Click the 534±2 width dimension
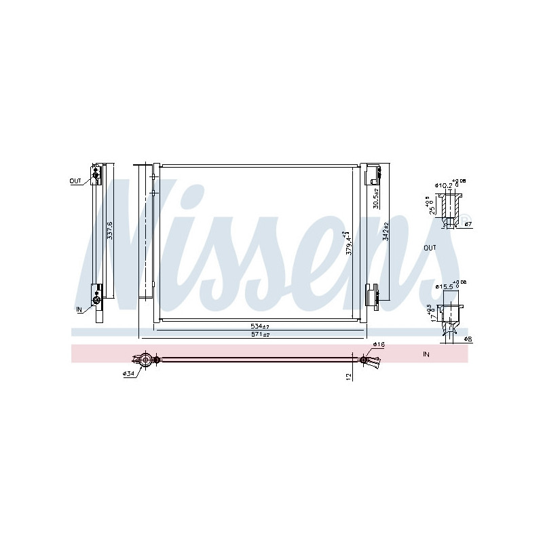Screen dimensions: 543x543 coord(260,326)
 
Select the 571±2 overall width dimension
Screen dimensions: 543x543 coord(260,335)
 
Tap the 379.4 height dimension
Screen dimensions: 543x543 coord(350,242)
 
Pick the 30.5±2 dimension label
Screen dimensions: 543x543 coord(377,198)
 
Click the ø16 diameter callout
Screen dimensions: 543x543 coord(378,345)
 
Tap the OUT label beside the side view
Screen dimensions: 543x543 coord(75,181)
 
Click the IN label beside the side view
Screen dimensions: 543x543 coord(79,309)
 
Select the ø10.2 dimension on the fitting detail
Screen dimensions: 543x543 coord(444,185)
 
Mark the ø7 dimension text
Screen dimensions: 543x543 coord(468,224)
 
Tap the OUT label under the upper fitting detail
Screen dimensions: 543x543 coord(430,248)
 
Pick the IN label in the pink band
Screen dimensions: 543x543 coord(426,354)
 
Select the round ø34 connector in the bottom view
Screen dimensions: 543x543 coord(144,360)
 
